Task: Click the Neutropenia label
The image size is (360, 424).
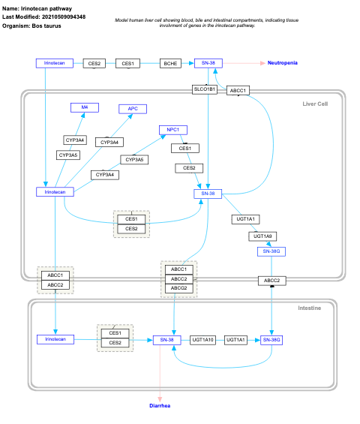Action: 283,63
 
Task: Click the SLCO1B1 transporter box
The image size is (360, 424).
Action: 205,90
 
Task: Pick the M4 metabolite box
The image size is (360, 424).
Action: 85,108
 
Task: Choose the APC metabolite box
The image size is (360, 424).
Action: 133,109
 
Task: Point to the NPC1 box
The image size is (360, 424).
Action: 172,130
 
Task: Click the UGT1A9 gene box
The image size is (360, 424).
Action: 263,236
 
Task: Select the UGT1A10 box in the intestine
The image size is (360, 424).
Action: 202,340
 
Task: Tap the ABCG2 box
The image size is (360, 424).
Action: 178,287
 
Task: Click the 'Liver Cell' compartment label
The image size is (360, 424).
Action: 315,104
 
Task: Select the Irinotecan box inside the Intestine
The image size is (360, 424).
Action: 55,339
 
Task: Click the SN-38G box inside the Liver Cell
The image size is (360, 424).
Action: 270,251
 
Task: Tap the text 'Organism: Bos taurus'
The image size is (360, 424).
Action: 32,25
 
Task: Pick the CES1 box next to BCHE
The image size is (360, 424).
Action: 128,63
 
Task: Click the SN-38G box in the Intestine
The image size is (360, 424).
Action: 271,340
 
